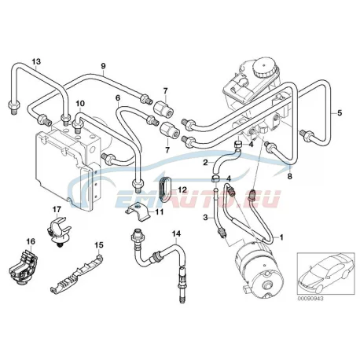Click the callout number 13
point(36,61)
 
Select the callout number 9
point(103,66)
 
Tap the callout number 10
point(80,104)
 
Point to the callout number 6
point(118,97)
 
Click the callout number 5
point(340,113)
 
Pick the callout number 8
point(289,176)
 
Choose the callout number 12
point(182,189)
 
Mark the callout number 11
point(159,211)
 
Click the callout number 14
point(176,233)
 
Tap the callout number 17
point(57,209)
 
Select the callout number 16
point(31,241)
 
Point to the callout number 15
point(99,245)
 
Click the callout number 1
point(281,237)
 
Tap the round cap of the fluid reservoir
point(264,68)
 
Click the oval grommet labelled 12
point(165,189)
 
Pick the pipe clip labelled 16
point(23,267)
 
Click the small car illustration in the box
point(325,273)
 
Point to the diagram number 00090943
point(310,299)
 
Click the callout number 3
point(206,217)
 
